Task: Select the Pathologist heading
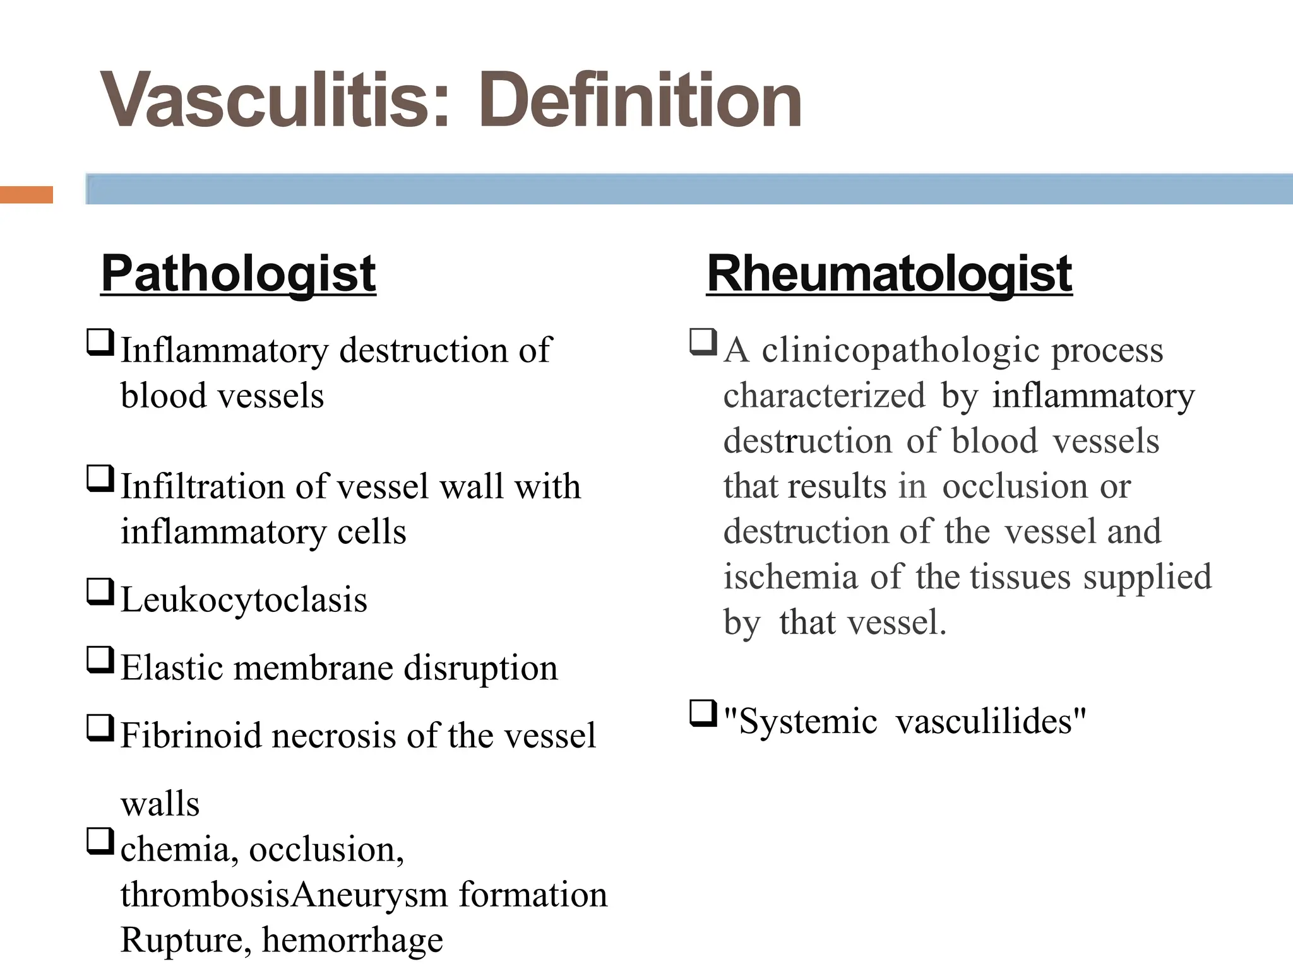(x=239, y=274)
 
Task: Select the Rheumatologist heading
(x=889, y=274)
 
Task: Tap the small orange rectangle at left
(x=27, y=195)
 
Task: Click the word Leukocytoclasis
(x=244, y=599)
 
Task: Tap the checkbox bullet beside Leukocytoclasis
(x=100, y=592)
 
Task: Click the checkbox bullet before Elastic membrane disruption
(x=100, y=659)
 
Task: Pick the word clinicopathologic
(x=900, y=350)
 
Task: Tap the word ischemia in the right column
(x=790, y=577)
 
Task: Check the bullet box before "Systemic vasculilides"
(x=703, y=714)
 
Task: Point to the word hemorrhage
(x=352, y=940)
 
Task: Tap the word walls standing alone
(x=160, y=804)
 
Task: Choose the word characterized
(x=824, y=396)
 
